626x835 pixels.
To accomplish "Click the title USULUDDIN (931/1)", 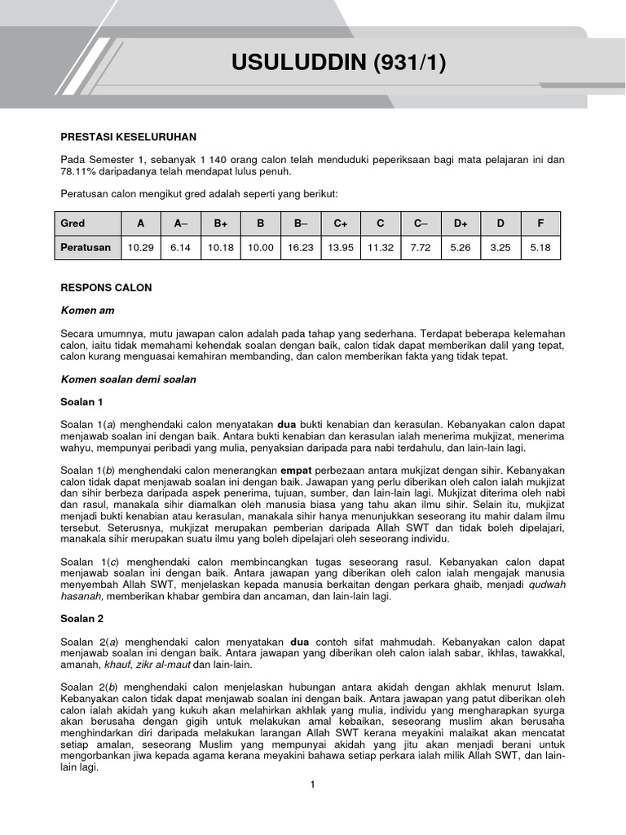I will [x=339, y=63].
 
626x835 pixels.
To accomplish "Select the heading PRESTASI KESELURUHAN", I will [x=128, y=137].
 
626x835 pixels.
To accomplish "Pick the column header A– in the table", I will [x=180, y=223].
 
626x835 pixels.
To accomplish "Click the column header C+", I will [x=340, y=223].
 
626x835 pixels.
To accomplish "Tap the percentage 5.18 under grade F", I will [x=540, y=247].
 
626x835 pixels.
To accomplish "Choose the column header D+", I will [x=461, y=223].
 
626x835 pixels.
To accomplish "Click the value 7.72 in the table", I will [x=421, y=247].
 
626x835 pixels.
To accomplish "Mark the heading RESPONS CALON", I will [x=106, y=288].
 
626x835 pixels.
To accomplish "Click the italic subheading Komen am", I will [x=88, y=311].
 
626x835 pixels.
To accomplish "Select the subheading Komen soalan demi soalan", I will [x=128, y=379].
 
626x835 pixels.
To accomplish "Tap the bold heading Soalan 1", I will [x=82, y=402].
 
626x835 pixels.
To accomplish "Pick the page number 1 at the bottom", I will [x=311, y=784].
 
